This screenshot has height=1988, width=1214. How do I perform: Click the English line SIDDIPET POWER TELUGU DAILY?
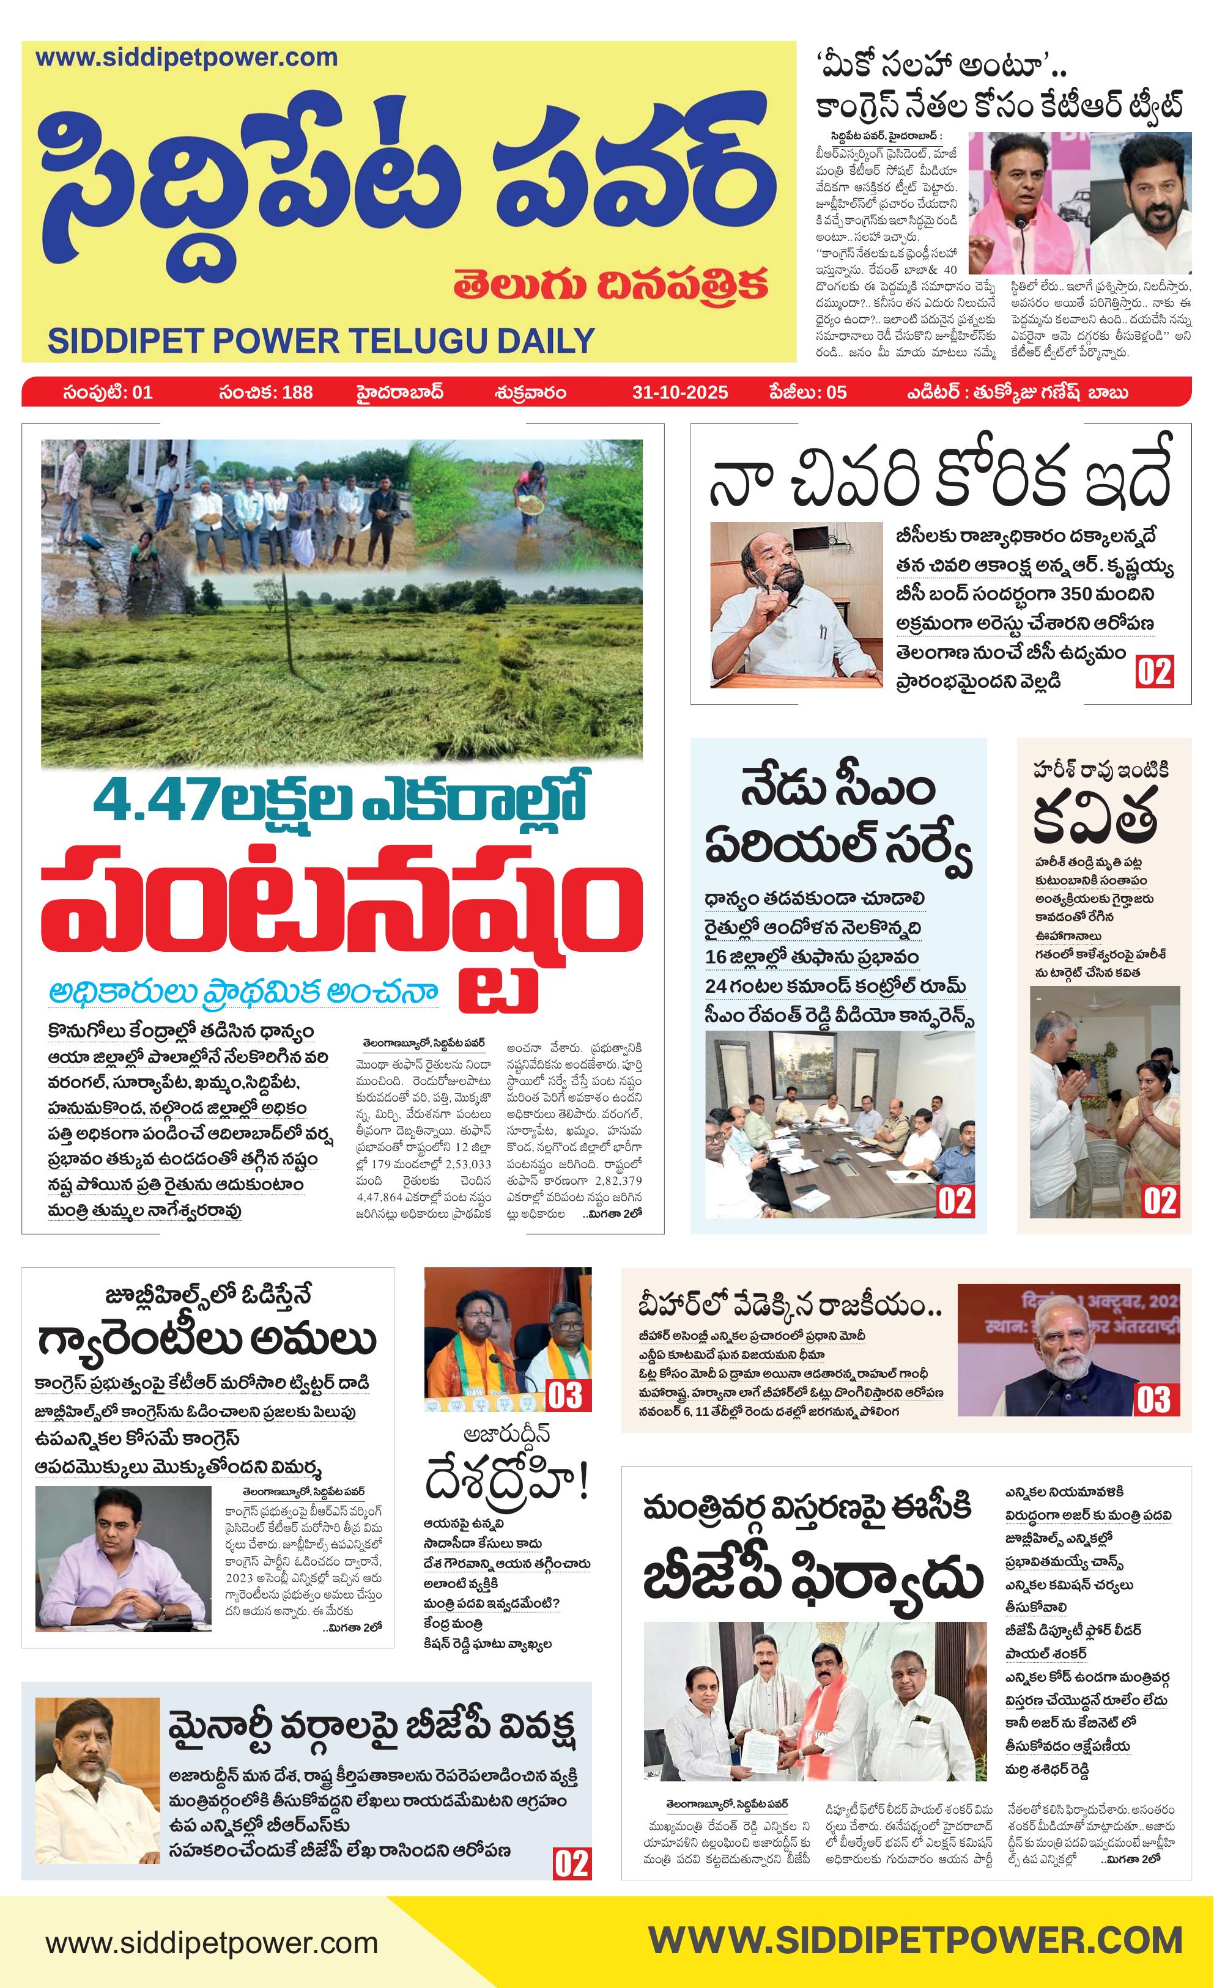pyautogui.click(x=321, y=341)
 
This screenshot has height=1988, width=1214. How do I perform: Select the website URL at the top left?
pyautogui.click(x=187, y=58)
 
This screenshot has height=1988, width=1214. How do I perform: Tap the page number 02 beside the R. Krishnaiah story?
pyautogui.click(x=1153, y=671)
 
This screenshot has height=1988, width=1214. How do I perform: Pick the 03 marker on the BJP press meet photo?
pyautogui.click(x=567, y=1396)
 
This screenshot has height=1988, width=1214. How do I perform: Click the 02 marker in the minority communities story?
pyautogui.click(x=571, y=1865)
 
